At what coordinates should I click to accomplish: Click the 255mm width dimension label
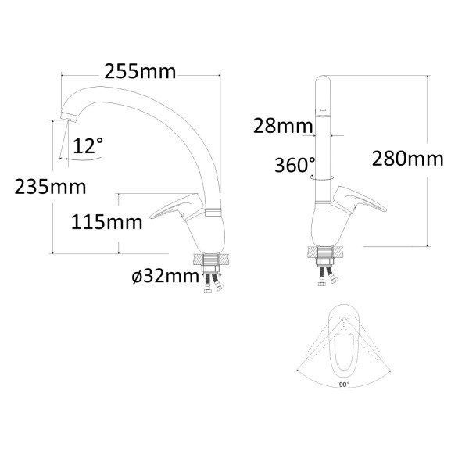tap(140, 72)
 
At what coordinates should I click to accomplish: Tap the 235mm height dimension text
tap(50, 188)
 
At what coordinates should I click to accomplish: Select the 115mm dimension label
tap(107, 223)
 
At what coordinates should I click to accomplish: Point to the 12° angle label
tap(88, 145)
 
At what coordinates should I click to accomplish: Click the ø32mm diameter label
tap(165, 276)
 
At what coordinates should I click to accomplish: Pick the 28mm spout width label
tap(283, 126)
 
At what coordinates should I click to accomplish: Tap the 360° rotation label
tap(295, 165)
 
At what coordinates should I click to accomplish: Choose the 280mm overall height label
tap(408, 159)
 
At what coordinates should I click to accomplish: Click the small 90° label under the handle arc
tap(344, 385)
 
